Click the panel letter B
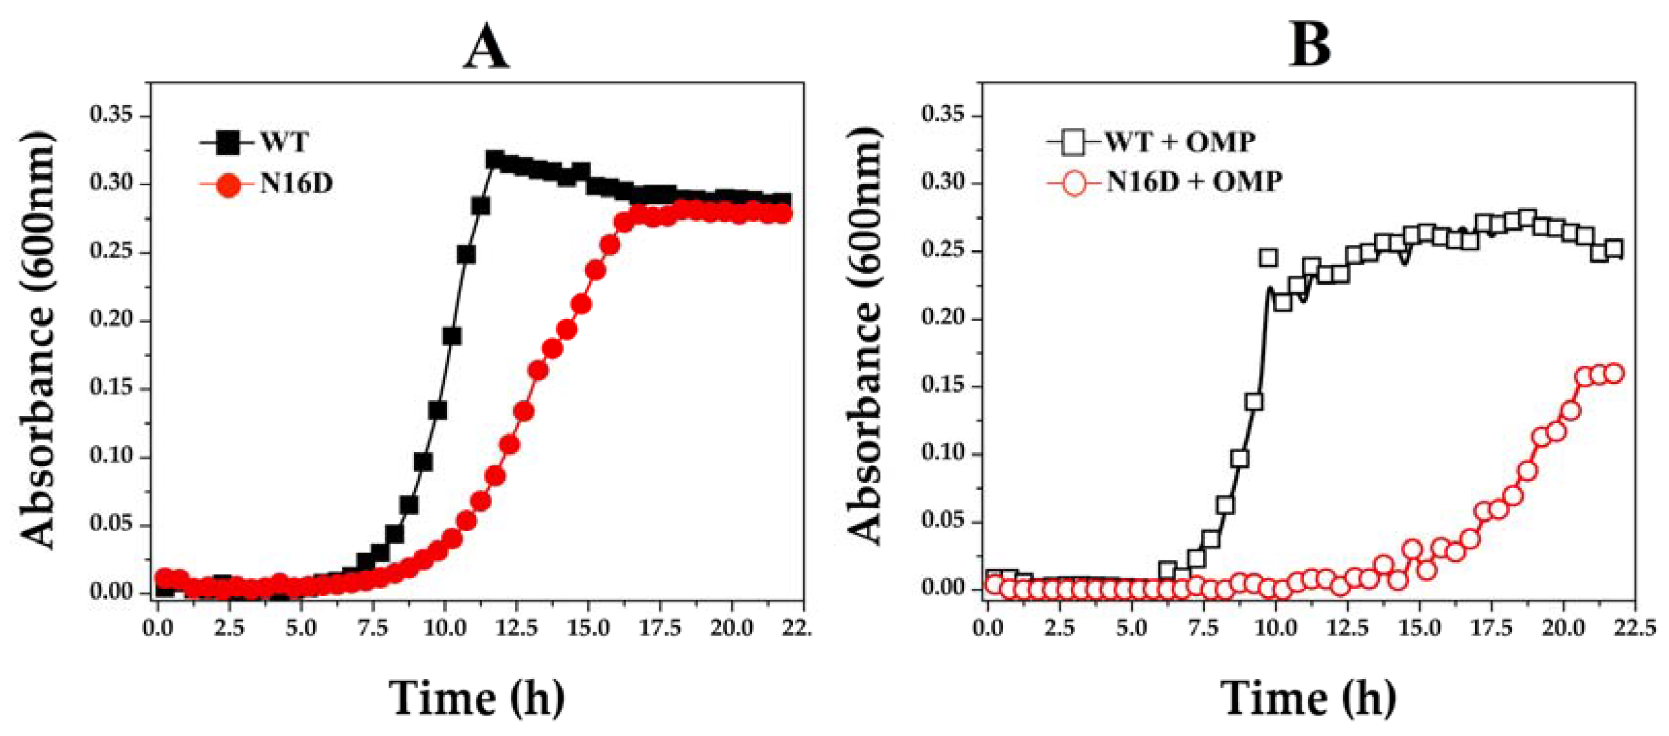(1311, 45)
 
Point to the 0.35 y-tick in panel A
(111, 115)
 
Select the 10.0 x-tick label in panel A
(444, 628)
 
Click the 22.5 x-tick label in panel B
(1634, 628)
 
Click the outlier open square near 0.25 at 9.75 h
(1268, 258)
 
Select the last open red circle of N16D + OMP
(1614, 373)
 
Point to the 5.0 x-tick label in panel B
(1131, 628)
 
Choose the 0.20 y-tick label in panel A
(111, 320)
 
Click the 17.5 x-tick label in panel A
(659, 628)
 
